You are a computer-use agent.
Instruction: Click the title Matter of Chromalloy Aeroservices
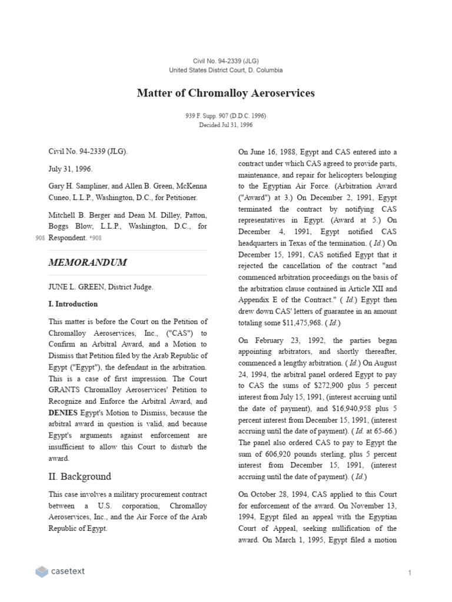coord(225,93)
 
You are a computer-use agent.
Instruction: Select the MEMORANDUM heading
coord(87,262)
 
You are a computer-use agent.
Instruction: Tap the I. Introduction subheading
coord(73,304)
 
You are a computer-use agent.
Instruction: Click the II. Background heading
coord(79,476)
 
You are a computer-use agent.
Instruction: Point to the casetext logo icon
coord(41,571)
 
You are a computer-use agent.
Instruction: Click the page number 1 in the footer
coord(410,572)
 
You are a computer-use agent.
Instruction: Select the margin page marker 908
coord(40,238)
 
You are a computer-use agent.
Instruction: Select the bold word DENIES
coord(63,413)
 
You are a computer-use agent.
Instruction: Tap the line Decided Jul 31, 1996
coord(225,125)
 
